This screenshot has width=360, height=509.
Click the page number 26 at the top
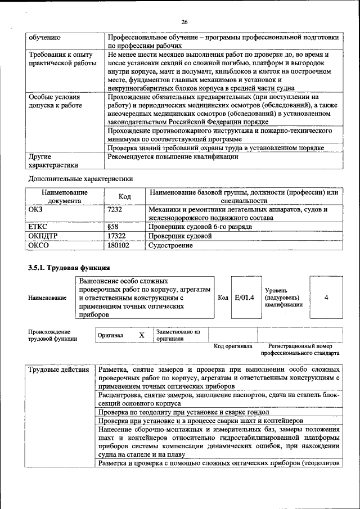coord(183,22)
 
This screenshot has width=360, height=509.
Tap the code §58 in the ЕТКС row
coord(113,227)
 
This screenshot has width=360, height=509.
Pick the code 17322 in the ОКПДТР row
coord(116,236)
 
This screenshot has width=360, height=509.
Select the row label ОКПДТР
coord(43,236)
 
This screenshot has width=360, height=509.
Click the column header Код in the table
coord(125,196)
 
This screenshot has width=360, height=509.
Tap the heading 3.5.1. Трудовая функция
coord(69,267)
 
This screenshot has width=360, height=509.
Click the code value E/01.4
coord(244,297)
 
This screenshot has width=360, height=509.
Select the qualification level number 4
coord(326,297)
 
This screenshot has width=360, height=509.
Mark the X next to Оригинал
coord(142,335)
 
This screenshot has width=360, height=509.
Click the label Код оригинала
coord(233,346)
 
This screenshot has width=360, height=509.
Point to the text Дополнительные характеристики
coord(80,179)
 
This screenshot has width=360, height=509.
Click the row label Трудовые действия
coord(58,370)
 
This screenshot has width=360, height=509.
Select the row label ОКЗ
coord(35,209)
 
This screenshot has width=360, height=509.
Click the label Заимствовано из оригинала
coord(178,335)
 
